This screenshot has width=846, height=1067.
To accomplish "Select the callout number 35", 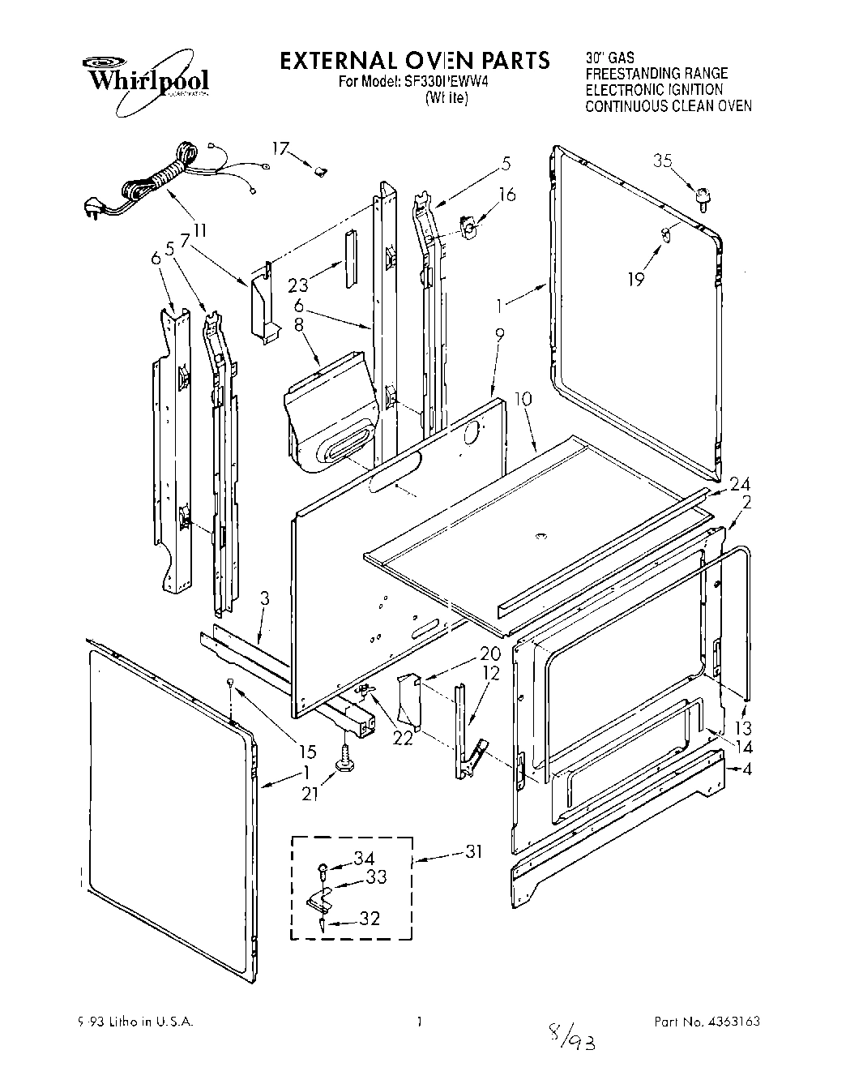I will click(x=663, y=161).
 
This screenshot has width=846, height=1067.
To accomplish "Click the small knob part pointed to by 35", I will click(x=703, y=196).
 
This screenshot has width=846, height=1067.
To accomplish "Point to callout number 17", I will click(x=280, y=148).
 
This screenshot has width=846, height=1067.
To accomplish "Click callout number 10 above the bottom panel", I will click(x=523, y=398).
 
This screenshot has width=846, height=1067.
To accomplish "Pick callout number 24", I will click(x=739, y=485).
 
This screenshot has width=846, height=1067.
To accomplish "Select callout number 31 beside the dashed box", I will click(x=474, y=851).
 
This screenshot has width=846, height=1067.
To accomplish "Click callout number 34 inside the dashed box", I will click(x=365, y=859).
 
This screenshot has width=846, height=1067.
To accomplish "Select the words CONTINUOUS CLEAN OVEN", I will click(x=669, y=105).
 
